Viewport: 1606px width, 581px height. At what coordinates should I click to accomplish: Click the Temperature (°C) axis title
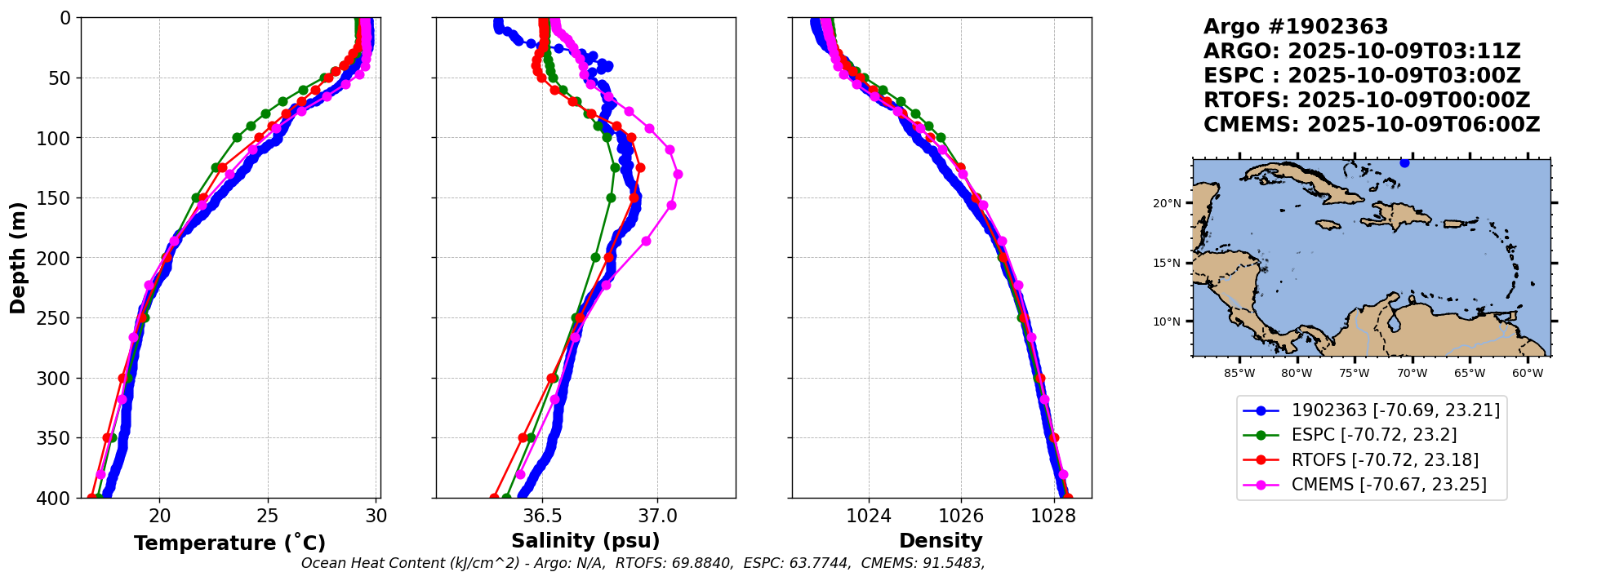coord(229,543)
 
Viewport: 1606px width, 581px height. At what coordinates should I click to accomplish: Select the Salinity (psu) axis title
coord(585,541)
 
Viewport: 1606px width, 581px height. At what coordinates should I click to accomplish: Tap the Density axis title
coord(941,541)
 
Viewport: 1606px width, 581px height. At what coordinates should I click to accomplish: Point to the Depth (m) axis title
coord(18,258)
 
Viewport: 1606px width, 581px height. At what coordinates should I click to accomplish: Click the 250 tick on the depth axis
coord(57,318)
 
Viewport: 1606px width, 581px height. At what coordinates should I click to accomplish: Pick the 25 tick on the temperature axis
coord(268,516)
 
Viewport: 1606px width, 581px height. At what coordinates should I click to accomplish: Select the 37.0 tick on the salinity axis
coord(657,516)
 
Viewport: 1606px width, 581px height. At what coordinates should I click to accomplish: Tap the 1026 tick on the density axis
coord(961,516)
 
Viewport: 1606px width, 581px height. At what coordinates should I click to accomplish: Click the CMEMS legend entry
coord(1388,485)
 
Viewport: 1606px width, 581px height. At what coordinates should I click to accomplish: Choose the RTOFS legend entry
coord(1385,460)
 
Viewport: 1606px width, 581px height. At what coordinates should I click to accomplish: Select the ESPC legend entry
coord(1373,435)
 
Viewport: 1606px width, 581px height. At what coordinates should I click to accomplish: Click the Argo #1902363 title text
coord(1296,27)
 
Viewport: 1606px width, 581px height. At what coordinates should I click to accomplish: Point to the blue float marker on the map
coord(1404,163)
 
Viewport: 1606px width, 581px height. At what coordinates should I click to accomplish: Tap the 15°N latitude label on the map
coord(1167,263)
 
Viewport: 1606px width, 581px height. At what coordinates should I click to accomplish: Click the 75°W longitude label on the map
coord(1354,374)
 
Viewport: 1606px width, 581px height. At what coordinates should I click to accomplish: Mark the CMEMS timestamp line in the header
coord(1372,125)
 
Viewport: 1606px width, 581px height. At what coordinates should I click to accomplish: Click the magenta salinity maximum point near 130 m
coord(678,174)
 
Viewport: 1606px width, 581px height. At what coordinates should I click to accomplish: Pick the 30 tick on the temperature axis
coord(376,516)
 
